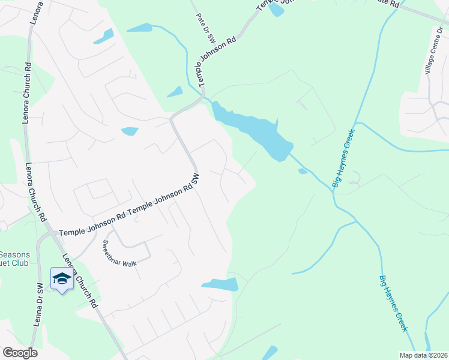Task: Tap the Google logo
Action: [x=20, y=353]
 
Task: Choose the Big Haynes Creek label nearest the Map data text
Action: [x=393, y=304]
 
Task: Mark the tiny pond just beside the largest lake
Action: [x=303, y=172]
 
